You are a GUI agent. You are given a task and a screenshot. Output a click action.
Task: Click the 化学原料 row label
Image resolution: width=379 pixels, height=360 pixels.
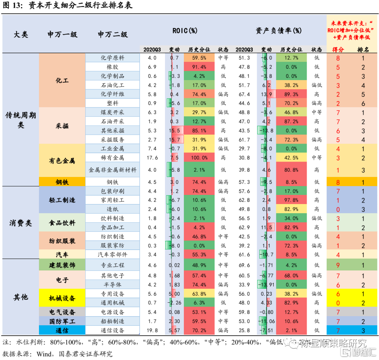click(113, 58)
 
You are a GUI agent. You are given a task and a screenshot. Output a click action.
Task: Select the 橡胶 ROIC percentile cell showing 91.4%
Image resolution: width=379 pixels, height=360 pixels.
click(199, 67)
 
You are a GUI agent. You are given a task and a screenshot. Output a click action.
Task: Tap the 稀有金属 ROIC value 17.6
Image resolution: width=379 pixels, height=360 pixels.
click(152, 158)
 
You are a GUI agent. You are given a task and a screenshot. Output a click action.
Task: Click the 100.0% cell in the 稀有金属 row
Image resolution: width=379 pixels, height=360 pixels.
click(199, 158)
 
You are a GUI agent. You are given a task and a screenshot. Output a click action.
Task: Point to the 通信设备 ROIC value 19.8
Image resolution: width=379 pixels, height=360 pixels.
click(152, 330)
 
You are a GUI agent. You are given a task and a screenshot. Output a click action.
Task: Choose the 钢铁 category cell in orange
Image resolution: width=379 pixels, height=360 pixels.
click(62, 182)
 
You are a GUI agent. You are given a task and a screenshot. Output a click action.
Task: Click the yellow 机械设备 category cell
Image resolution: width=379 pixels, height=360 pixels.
click(62, 298)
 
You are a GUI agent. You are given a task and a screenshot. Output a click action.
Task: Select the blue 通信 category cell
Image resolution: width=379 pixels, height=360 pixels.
click(62, 330)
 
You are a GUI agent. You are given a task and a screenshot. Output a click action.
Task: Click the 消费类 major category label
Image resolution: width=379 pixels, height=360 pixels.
click(21, 223)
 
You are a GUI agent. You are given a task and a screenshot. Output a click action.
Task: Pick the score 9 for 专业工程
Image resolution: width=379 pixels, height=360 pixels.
click(338, 265)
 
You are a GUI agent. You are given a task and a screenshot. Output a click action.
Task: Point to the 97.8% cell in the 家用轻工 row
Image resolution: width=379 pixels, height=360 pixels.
click(292, 200)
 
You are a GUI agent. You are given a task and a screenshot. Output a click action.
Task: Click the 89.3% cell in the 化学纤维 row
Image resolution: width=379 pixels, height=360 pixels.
click(292, 94)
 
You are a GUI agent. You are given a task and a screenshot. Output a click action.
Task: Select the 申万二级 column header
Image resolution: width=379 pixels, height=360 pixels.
click(113, 34)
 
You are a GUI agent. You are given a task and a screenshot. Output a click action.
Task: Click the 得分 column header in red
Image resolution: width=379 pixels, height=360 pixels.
click(338, 50)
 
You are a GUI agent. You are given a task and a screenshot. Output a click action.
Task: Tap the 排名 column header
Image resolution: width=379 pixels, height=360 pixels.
click(363, 50)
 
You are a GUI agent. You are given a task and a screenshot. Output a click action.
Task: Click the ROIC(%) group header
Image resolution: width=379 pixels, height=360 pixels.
click(185, 31)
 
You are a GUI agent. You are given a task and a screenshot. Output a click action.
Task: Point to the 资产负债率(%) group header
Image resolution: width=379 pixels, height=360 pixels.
click(279, 31)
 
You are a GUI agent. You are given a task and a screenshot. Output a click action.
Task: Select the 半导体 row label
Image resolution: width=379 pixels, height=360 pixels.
click(113, 284)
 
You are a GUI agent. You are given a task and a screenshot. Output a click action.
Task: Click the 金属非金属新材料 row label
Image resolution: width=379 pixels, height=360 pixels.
click(113, 170)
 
